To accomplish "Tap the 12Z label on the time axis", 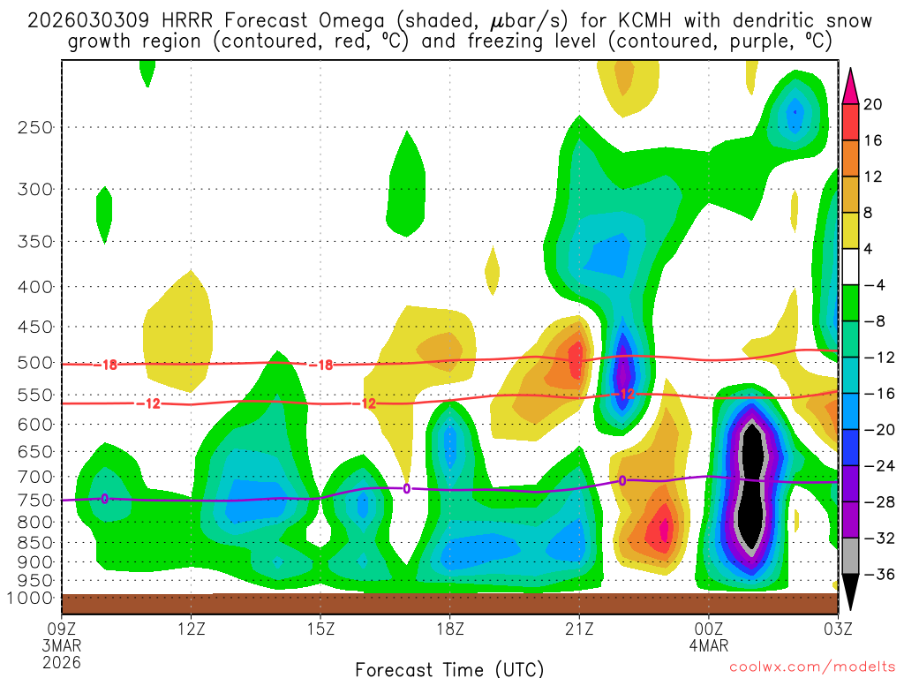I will point(192,629).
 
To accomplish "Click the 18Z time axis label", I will point(449,629).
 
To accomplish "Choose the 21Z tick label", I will point(579,629).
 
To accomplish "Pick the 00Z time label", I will point(709,629).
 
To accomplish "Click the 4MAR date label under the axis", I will point(709,645).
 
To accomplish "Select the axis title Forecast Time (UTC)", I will point(449,668).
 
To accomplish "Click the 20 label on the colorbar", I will point(873,104).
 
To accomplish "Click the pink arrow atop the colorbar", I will point(850,87).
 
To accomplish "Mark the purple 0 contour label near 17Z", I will point(407,488).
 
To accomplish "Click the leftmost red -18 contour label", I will point(108,365).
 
